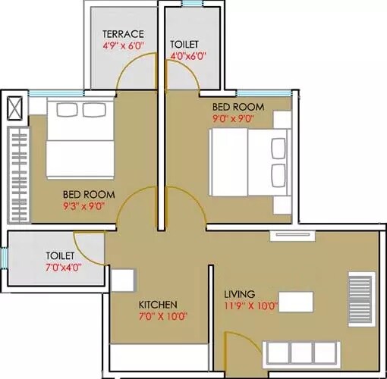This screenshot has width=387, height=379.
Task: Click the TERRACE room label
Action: (x=124, y=34)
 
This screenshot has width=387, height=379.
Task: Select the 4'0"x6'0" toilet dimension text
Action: (x=188, y=55)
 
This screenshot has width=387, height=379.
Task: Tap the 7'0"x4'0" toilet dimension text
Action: (x=63, y=267)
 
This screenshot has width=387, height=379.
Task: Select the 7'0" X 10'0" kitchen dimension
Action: (x=162, y=317)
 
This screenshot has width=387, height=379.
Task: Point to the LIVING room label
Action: (x=239, y=294)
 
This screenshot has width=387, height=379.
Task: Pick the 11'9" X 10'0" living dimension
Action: (x=252, y=306)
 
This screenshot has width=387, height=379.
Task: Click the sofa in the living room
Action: (x=300, y=353)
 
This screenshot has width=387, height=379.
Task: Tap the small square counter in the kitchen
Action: (x=121, y=280)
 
